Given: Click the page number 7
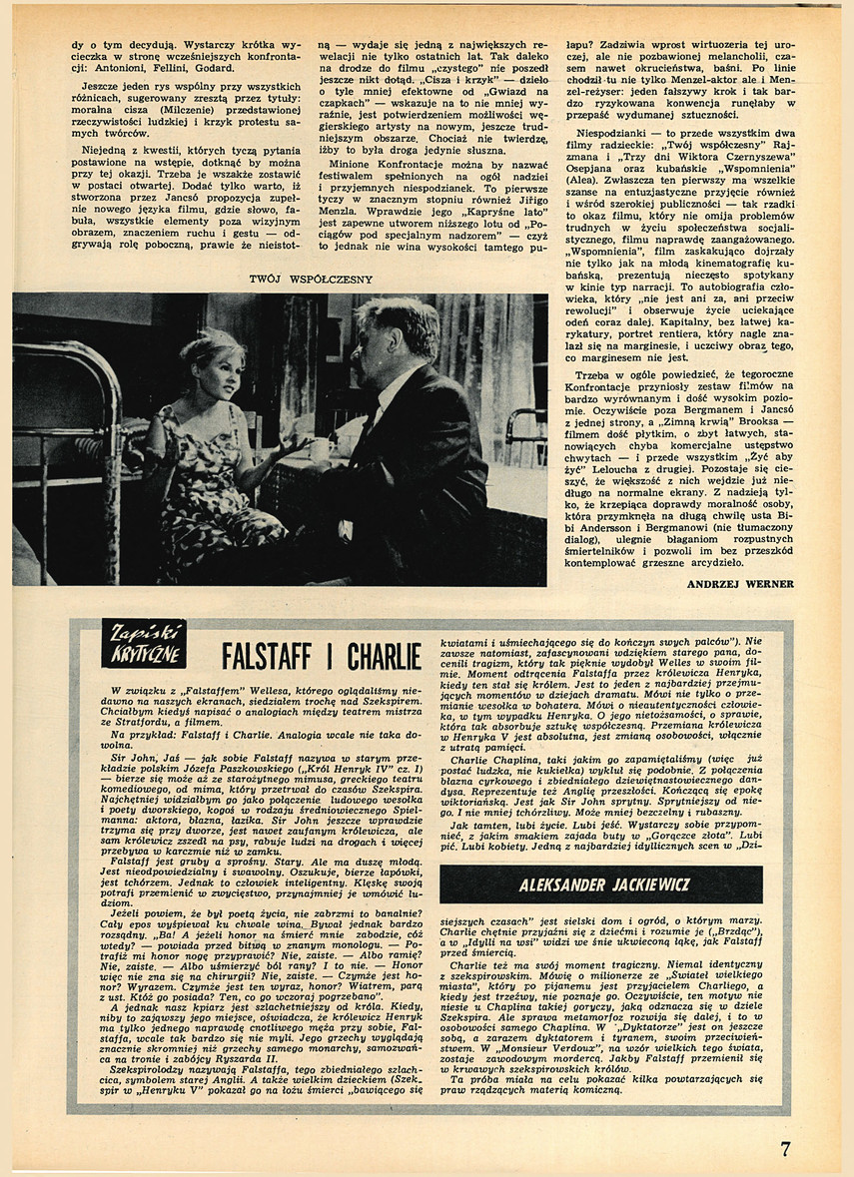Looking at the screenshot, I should click(x=785, y=1148).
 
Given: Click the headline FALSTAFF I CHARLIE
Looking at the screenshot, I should click(x=321, y=657).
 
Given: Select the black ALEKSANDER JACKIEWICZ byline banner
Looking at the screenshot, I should click(x=600, y=884).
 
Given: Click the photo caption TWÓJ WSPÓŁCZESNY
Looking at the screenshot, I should click(x=310, y=280).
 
